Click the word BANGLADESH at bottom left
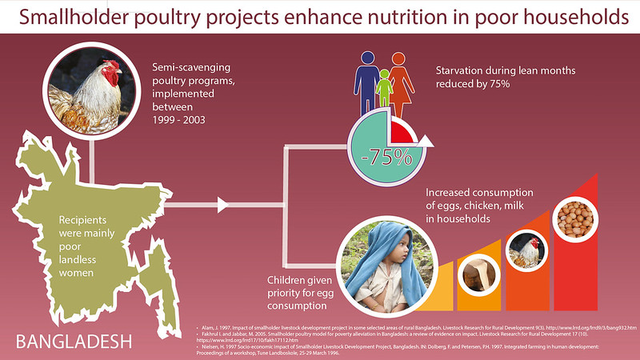click(x=74, y=342)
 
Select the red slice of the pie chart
click(x=402, y=133)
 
